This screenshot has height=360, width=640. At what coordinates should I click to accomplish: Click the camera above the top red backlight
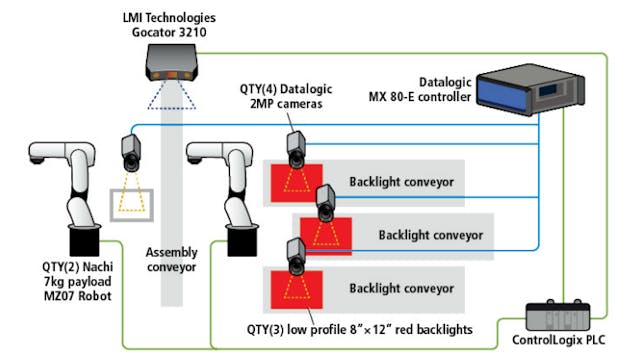(x=294, y=146)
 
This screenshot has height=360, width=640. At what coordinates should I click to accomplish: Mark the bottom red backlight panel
(x=296, y=289)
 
